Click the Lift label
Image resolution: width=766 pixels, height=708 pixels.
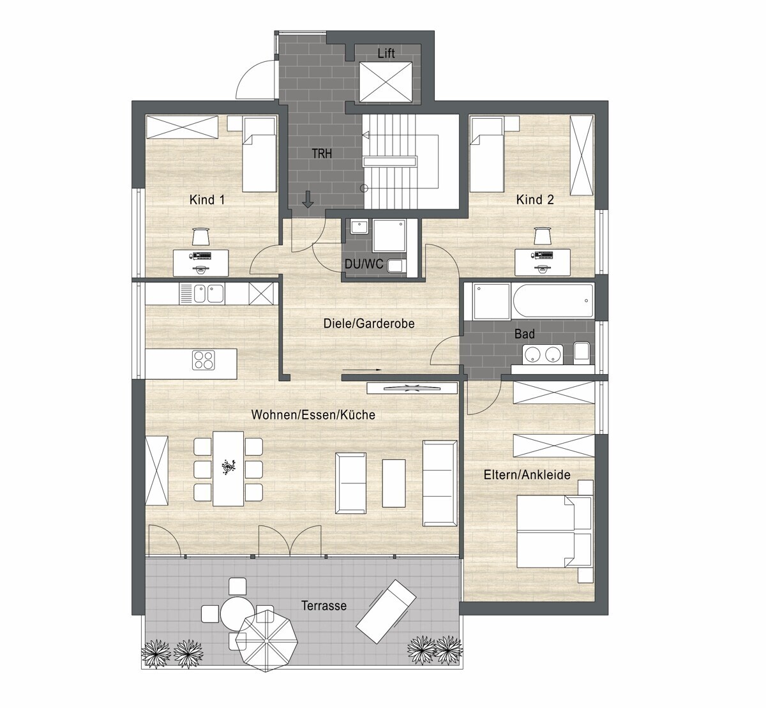click(x=386, y=53)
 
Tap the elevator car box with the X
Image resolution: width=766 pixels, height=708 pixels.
click(x=386, y=82)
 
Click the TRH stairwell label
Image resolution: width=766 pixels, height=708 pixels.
click(x=322, y=154)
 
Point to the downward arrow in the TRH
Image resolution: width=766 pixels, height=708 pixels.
click(x=308, y=199)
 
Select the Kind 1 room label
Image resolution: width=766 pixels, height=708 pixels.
click(x=207, y=200)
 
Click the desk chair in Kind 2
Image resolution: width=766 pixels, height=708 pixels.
click(x=543, y=236)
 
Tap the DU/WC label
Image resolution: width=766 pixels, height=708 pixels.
click(x=364, y=264)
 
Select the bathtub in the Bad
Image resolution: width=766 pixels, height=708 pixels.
click(x=553, y=301)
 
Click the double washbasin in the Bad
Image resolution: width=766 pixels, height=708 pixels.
click(x=543, y=354)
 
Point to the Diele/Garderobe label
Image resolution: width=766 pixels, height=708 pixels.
click(x=369, y=323)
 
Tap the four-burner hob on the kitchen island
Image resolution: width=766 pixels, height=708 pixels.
click(x=204, y=360)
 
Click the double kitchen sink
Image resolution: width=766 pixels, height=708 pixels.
click(x=208, y=294)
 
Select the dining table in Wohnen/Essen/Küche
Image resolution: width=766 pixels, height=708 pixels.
click(x=229, y=469)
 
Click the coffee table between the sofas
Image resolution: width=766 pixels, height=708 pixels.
click(x=394, y=483)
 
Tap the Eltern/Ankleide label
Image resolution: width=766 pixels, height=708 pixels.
click(x=527, y=474)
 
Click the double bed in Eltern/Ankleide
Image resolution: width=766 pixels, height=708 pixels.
click(x=554, y=531)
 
